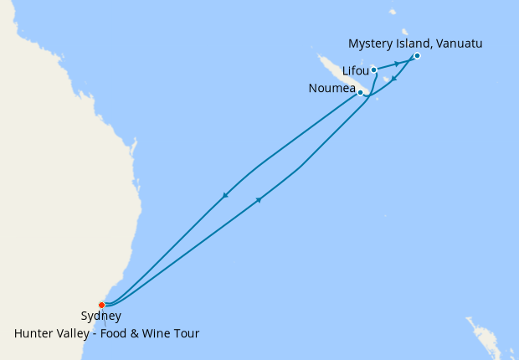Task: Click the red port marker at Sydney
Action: coord(101,305)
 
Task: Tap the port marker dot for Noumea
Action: coord(361,92)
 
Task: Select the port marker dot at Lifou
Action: coord(373,70)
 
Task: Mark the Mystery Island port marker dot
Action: coord(417,56)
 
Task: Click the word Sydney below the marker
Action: coord(101,316)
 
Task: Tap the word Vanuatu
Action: coord(458,43)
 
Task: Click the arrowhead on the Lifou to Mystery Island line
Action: coord(397,64)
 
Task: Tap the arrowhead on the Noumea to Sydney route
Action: coord(224,197)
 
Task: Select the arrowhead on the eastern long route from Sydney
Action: coord(259,200)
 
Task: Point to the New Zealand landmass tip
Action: coord(477,331)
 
